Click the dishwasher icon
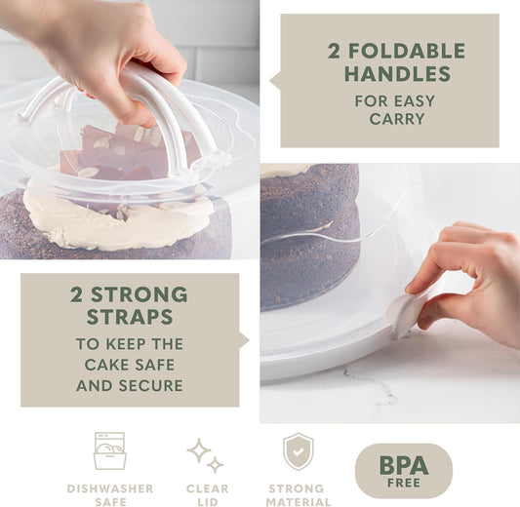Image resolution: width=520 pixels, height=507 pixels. pos(109,450)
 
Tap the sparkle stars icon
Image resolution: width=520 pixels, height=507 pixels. pos(206,454)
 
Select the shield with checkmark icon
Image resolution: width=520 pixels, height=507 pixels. pos(298,451)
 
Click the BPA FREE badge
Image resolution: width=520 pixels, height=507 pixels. pos(403,471)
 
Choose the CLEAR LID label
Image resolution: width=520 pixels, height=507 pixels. pos(207,494)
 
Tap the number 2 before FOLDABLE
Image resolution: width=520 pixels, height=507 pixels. pos(335,52)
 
